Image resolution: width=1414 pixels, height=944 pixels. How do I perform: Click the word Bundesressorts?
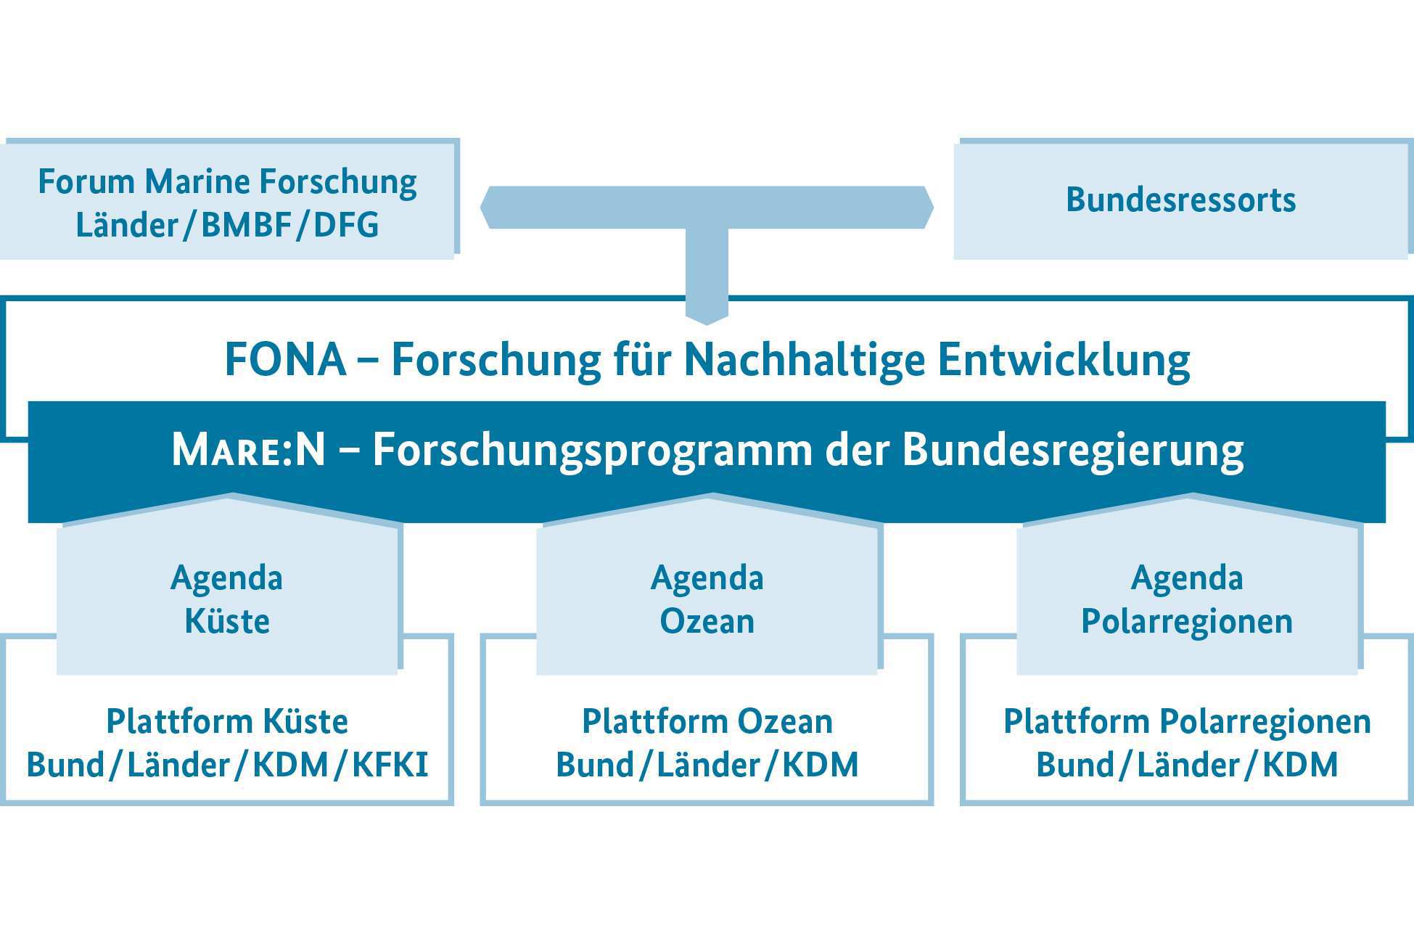[x=1180, y=200]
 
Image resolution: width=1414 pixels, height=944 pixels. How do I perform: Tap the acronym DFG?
[x=345, y=224]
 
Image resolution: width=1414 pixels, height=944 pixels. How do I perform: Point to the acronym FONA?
[x=285, y=359]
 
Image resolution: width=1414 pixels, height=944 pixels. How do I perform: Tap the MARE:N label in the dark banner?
[x=248, y=450]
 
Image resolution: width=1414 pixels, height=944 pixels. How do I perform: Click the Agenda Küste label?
[x=227, y=599]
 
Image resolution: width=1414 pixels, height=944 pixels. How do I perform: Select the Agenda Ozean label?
[x=707, y=599]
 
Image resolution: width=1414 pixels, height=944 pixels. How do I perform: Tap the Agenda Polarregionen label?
[x=1187, y=599]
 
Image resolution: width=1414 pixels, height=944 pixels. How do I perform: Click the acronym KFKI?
[x=390, y=765]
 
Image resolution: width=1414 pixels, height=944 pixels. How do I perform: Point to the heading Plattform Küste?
[x=227, y=721]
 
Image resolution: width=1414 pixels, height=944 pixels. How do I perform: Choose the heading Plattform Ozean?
[x=707, y=721]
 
